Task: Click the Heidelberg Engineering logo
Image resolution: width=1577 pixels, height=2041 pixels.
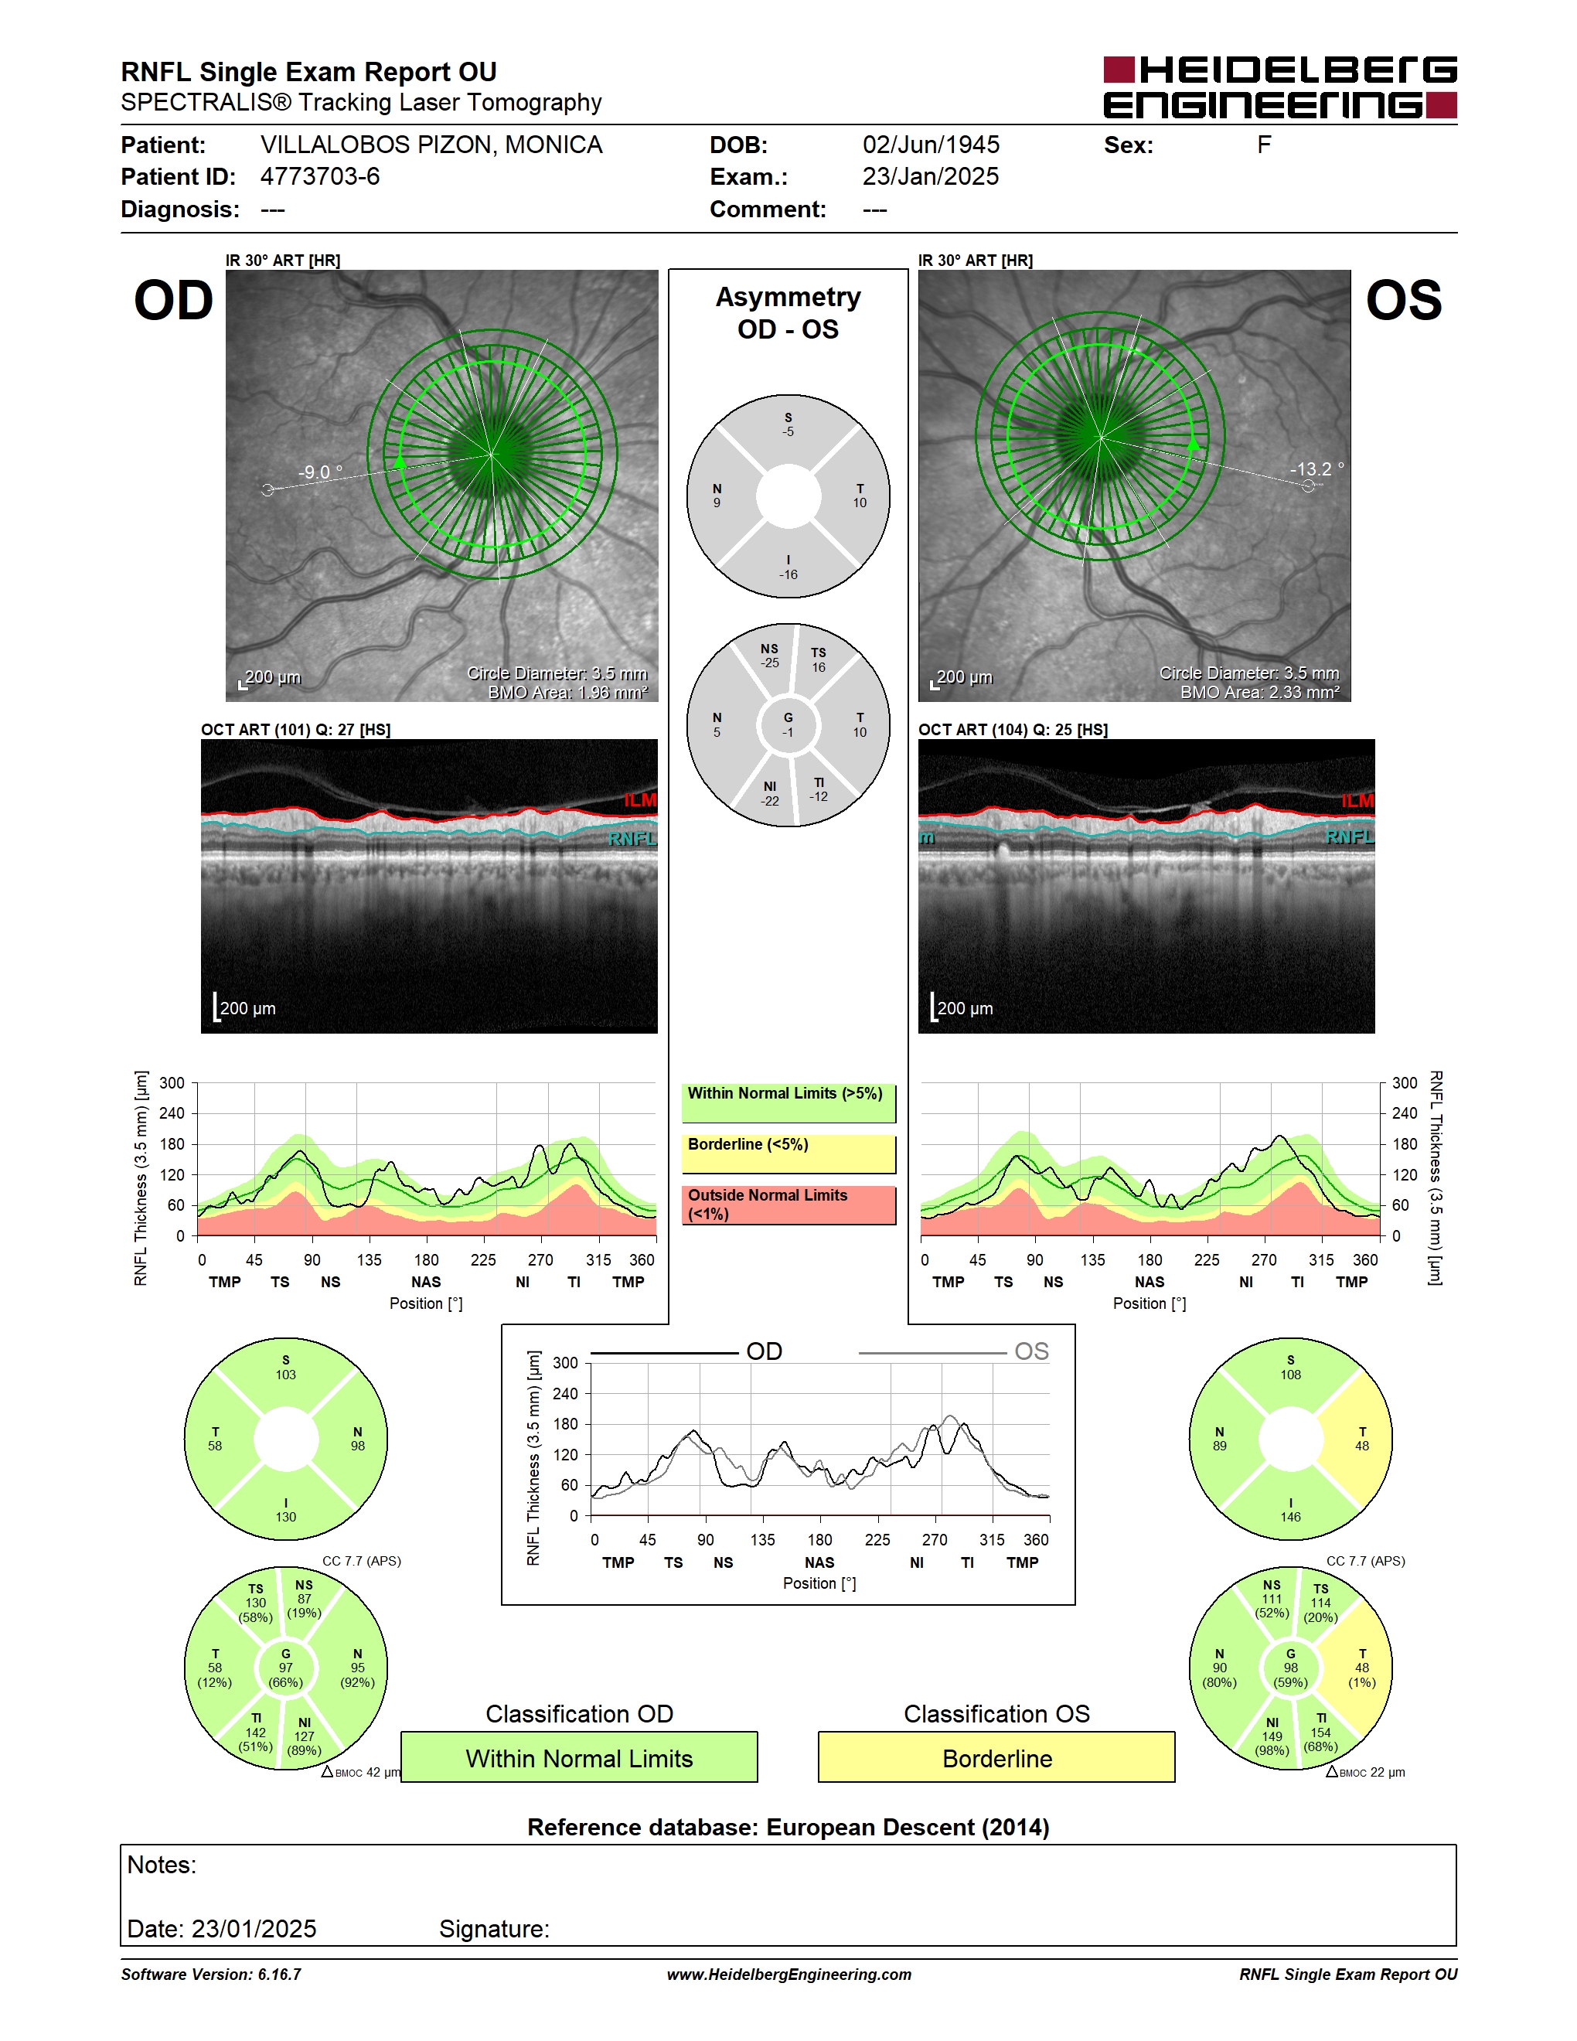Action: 1280,87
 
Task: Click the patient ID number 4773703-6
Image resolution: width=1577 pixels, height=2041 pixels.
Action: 319,176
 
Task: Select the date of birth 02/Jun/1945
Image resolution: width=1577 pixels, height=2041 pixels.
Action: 931,145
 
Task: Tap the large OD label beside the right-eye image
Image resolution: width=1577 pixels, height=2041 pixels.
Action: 174,301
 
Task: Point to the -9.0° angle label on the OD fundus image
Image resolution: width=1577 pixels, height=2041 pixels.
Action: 319,472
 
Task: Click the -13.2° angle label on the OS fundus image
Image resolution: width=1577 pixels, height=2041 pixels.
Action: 1316,469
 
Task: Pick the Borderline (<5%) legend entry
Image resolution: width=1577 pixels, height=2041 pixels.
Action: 788,1154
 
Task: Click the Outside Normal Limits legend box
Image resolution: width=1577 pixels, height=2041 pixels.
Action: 788,1204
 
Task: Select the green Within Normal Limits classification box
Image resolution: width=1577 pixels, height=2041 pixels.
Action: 579,1757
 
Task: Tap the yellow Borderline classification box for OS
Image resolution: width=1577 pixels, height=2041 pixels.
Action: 997,1757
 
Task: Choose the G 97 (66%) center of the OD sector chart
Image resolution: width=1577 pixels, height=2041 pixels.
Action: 286,1668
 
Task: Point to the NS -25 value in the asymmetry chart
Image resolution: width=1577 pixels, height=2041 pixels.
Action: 769,655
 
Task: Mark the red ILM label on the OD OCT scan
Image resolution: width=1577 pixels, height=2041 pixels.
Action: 640,800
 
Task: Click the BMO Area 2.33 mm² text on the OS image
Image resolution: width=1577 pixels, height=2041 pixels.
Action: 1259,693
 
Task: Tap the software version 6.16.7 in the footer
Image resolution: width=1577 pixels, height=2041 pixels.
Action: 211,1975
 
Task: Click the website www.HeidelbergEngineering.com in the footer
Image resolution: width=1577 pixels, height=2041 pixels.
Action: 788,1975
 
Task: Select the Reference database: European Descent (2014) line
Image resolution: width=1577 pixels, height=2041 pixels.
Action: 788,1828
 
